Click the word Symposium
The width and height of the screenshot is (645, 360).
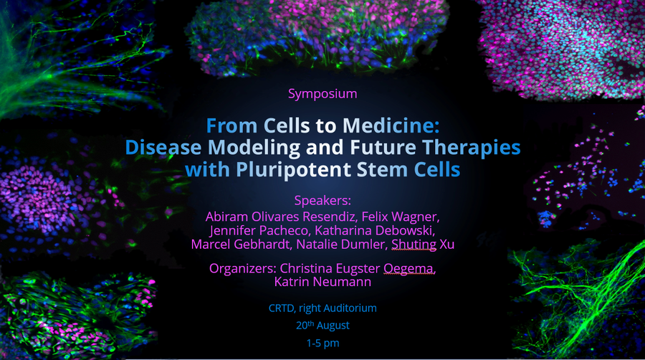[322, 94]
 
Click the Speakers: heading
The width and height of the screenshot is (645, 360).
[322, 201]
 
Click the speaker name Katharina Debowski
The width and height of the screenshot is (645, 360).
[375, 230]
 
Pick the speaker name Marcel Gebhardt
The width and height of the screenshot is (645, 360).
[241, 244]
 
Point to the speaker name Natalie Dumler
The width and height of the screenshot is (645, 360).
[342, 244]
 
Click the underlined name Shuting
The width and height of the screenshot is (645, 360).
[414, 245]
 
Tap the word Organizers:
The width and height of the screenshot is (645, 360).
[243, 268]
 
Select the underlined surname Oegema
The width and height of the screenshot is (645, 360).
[409, 269]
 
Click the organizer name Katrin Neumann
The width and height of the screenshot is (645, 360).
[322, 282]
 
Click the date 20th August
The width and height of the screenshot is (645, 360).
[322, 325]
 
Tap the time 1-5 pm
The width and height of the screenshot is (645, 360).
[322, 343]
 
